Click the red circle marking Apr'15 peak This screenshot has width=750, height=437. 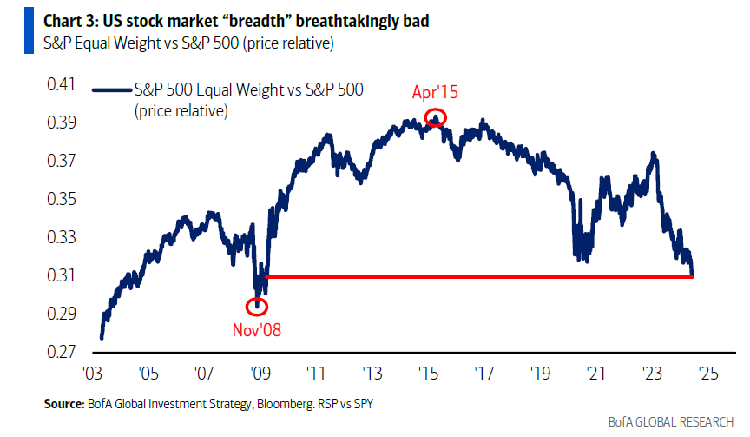click(437, 117)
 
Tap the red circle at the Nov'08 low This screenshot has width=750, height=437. click(256, 306)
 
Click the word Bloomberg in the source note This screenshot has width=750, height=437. click(251, 405)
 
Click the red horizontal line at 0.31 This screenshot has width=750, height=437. click(477, 276)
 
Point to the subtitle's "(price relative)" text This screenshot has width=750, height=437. click(286, 42)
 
